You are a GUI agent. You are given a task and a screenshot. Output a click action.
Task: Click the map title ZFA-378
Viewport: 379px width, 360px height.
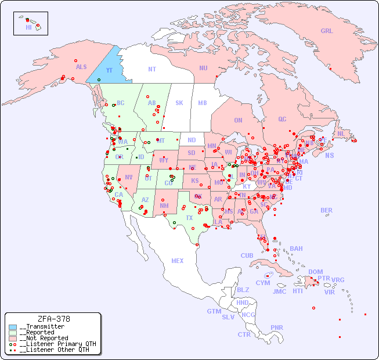(x=53, y=319)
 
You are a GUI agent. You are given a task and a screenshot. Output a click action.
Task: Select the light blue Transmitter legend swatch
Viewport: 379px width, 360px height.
(x=13, y=326)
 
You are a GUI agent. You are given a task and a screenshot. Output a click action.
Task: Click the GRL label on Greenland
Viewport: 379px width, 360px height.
(x=327, y=31)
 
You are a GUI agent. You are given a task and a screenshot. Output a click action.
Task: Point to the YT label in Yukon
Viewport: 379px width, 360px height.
(x=109, y=70)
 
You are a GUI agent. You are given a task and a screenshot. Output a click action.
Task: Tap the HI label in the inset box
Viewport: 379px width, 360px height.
(x=28, y=27)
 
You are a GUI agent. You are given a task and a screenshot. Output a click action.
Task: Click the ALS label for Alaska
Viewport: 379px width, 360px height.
(x=81, y=67)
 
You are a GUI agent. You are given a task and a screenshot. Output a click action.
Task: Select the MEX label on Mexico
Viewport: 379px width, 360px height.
(x=178, y=261)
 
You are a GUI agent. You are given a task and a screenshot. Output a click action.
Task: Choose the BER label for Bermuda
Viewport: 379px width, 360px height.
(x=327, y=210)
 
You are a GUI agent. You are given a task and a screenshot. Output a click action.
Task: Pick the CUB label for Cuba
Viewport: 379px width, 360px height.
(x=247, y=255)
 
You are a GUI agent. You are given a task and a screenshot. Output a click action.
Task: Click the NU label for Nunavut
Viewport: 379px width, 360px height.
(x=203, y=68)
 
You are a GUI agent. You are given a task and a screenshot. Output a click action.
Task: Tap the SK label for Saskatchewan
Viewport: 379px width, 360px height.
(x=179, y=103)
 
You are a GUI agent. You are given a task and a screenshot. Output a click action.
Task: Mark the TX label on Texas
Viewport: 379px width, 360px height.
(x=189, y=218)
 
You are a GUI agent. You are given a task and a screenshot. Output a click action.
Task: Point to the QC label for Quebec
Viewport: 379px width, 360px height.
(x=282, y=119)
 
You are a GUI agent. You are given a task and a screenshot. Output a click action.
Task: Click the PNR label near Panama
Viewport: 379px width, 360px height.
(x=277, y=327)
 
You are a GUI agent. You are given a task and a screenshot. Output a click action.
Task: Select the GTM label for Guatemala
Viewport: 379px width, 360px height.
(x=214, y=311)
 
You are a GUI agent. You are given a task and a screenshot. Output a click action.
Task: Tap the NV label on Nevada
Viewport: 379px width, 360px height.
(x=129, y=177)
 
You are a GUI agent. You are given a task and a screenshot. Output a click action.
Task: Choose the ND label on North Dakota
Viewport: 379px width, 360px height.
(x=192, y=140)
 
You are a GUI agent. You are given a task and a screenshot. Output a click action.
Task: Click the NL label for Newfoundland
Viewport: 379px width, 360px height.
(x=341, y=133)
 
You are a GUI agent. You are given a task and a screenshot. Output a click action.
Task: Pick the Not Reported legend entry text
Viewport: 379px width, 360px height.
(x=44, y=338)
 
